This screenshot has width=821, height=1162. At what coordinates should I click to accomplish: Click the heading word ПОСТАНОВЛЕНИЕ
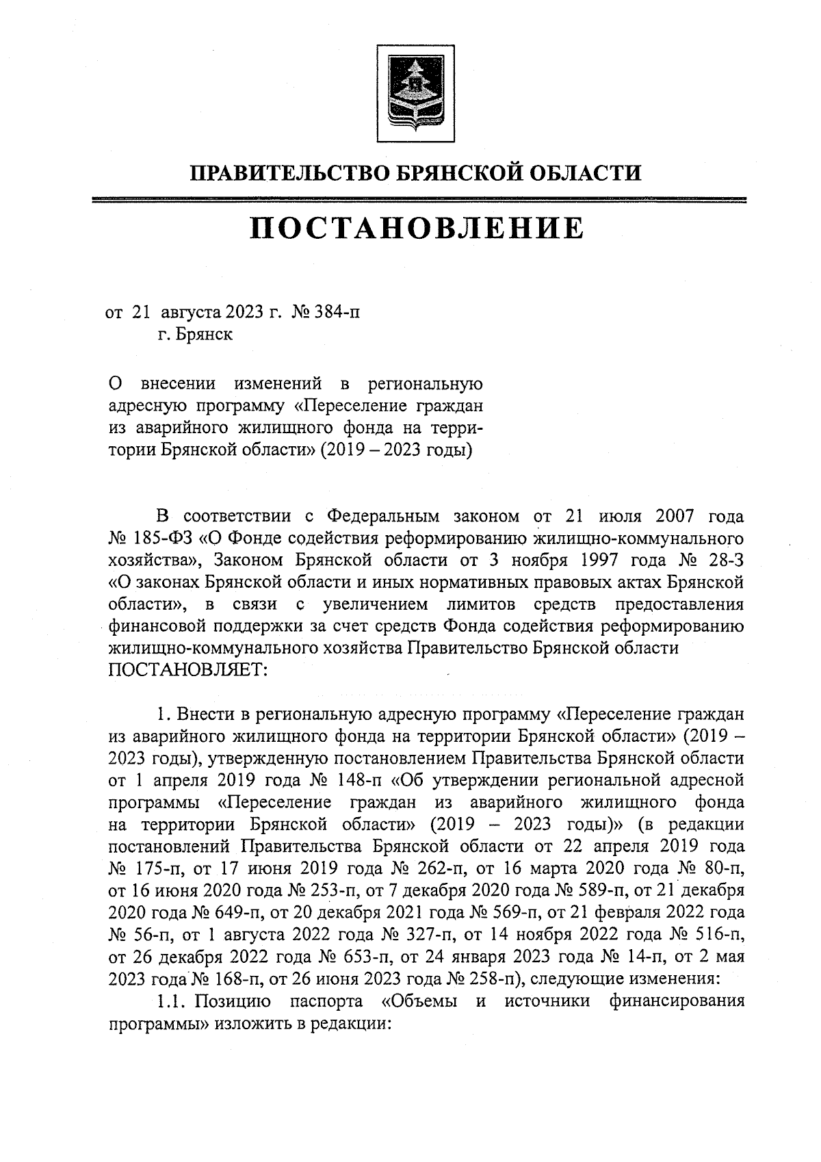[x=416, y=229]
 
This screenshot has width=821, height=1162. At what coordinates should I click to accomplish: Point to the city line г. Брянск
[x=194, y=335]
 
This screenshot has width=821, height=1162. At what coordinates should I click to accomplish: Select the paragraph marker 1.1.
[x=170, y=1003]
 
